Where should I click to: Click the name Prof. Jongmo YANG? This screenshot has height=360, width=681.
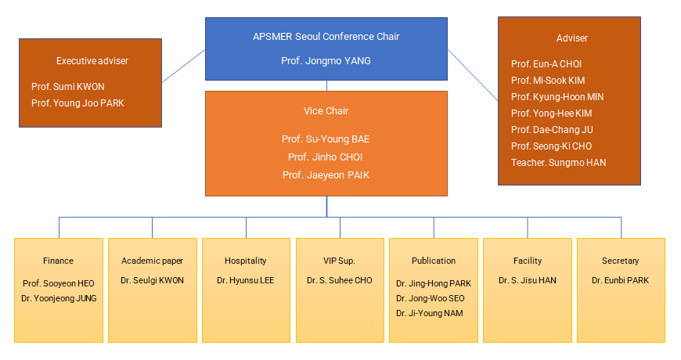click(326, 61)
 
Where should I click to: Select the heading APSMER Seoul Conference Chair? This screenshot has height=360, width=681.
click(326, 37)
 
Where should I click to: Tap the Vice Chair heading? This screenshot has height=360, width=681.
click(326, 110)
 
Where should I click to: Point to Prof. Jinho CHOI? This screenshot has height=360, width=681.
click(326, 157)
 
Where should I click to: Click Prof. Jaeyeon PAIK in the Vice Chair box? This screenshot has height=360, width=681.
click(326, 175)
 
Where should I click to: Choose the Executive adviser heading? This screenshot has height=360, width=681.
click(92, 61)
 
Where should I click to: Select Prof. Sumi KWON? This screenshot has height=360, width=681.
click(68, 86)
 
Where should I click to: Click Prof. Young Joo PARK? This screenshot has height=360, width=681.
click(77, 103)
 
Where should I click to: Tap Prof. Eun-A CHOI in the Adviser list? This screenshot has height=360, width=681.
click(546, 64)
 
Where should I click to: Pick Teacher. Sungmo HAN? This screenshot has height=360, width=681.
click(559, 163)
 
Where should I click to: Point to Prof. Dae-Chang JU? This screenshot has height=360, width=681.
click(552, 129)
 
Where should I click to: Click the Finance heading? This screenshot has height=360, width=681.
click(58, 261)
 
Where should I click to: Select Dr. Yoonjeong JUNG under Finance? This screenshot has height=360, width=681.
click(59, 298)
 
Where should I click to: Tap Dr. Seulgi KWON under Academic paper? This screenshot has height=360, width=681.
click(152, 280)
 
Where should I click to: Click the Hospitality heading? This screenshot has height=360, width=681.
click(245, 261)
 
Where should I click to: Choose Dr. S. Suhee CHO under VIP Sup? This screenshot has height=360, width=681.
click(340, 280)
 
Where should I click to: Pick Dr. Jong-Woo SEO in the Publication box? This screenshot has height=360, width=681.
click(431, 298)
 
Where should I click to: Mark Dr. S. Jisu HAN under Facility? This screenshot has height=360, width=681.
click(528, 280)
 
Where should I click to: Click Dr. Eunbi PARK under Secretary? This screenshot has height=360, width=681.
click(620, 280)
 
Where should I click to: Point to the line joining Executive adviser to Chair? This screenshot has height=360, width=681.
click(184, 66)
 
